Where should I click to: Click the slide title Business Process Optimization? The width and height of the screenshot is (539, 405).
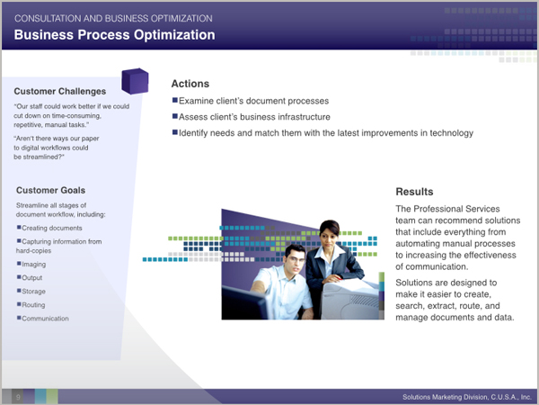pyautogui.click(x=114, y=35)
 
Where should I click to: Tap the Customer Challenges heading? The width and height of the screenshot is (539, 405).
pyautogui.click(x=60, y=91)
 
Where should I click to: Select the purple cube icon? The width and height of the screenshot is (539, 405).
pyautogui.click(x=135, y=81)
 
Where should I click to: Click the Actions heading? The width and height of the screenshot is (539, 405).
pyautogui.click(x=190, y=84)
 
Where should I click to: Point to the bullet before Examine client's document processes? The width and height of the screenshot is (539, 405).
pyautogui.click(x=175, y=100)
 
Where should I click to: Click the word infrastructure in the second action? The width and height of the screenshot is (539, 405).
pyautogui.click(x=304, y=117)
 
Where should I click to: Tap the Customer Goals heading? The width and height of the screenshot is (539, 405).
pyautogui.click(x=50, y=191)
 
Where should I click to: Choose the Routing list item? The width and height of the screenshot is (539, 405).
pyautogui.click(x=33, y=305)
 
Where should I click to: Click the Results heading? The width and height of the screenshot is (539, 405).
pyautogui.click(x=414, y=192)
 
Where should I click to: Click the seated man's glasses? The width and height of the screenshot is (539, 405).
pyautogui.click(x=295, y=258)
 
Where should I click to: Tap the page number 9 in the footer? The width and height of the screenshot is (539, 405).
pyautogui.click(x=18, y=397)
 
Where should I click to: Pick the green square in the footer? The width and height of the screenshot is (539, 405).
pyautogui.click(x=52, y=396)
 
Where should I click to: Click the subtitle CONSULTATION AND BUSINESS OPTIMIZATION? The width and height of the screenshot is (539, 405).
pyautogui.click(x=113, y=19)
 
